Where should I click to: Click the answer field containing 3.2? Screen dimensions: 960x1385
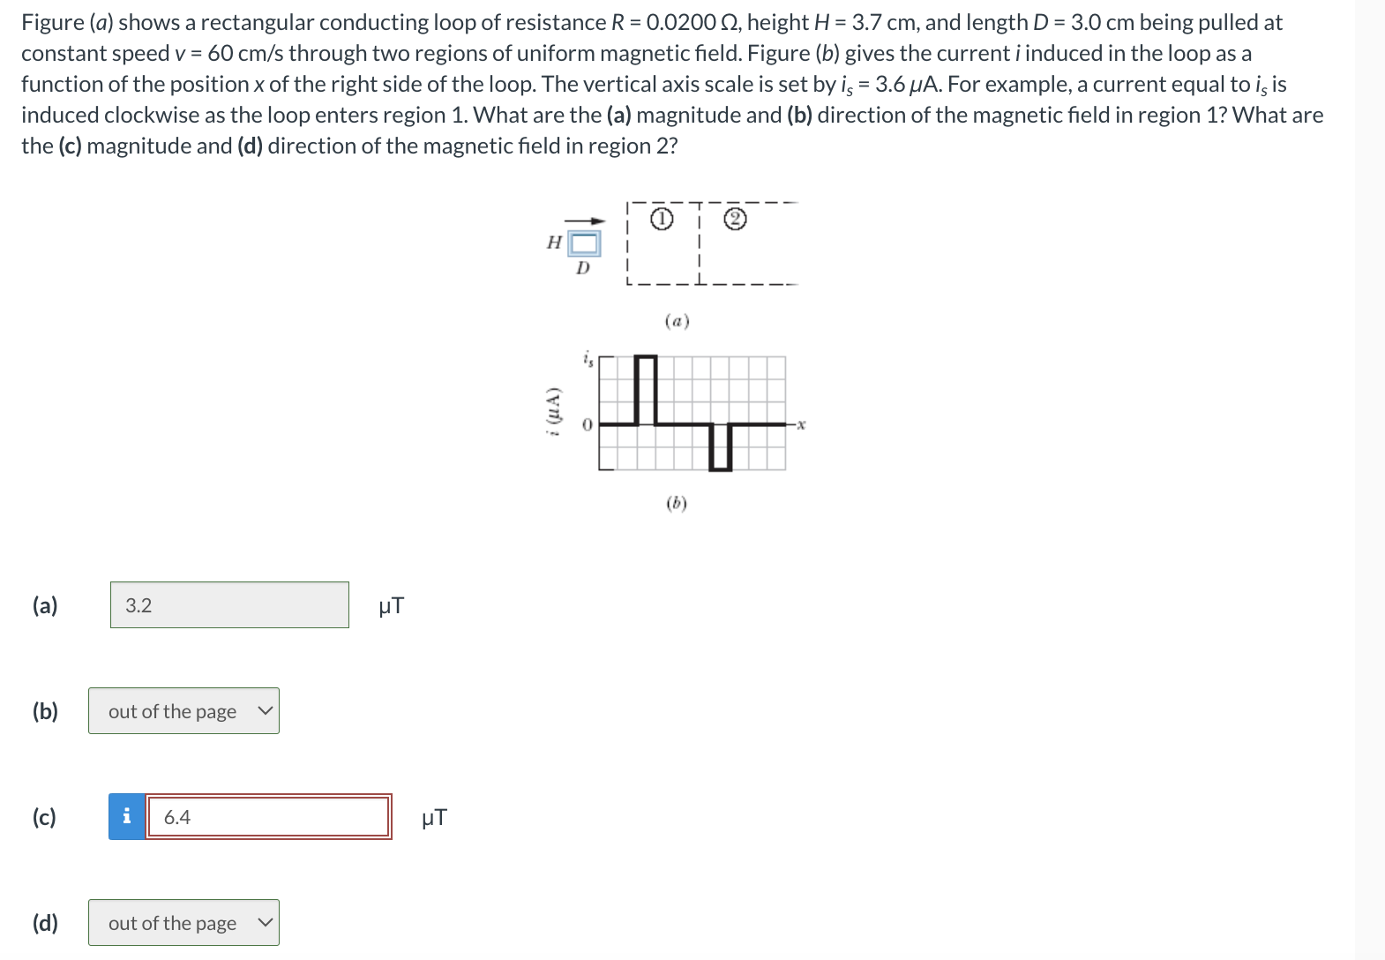pos(229,605)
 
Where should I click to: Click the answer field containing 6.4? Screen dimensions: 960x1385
pos(267,817)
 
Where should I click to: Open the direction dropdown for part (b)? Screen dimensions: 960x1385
pos(183,711)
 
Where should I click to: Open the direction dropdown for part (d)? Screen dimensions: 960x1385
pos(183,923)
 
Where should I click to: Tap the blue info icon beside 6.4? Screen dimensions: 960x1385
pos(127,817)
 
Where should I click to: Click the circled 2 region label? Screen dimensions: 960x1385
pos(736,220)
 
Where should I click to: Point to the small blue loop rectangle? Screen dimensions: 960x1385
pos(584,243)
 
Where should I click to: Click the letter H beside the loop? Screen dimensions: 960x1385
pos(554,243)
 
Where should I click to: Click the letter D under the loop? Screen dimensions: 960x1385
pos(582,268)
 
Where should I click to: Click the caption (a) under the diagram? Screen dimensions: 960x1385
pos(677,321)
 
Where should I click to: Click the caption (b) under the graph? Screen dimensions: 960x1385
pos(677,504)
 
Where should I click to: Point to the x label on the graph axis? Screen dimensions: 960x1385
pos(800,425)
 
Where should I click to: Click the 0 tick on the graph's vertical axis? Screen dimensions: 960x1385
pos(586,425)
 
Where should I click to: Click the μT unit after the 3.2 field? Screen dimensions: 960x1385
pos(391,606)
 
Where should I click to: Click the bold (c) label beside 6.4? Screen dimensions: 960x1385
pos(44,817)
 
